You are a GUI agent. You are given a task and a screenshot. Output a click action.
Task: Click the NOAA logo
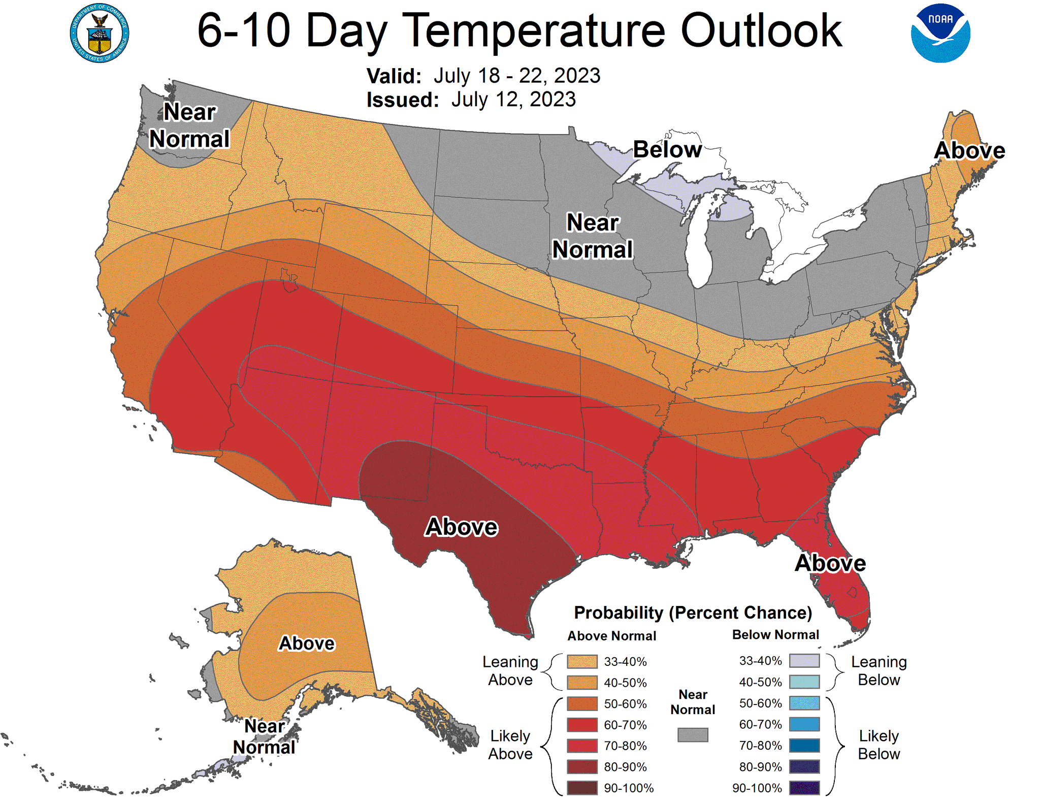coord(940,34)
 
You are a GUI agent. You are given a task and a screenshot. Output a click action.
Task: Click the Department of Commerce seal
coord(100,34)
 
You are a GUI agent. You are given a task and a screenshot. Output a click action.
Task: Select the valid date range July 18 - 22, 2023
coord(516,76)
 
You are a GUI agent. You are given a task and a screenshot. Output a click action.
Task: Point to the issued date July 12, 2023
coord(513,100)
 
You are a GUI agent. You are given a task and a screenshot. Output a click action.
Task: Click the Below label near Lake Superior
coord(667,150)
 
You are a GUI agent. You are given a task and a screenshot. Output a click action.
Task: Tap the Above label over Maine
coord(969,150)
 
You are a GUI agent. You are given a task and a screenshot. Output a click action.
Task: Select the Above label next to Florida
coord(830,563)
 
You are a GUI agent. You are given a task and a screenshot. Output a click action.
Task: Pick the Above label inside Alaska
coord(307,644)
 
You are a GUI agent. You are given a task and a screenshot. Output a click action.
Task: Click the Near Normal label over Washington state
coord(189,125)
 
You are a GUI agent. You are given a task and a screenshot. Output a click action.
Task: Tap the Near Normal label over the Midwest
coord(592,236)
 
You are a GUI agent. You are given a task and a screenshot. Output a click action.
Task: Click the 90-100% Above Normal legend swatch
coord(582,788)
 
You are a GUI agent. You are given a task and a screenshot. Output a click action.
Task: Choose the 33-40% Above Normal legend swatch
coord(582,661)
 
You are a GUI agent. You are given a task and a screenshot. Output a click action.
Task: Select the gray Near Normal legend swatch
coord(693,735)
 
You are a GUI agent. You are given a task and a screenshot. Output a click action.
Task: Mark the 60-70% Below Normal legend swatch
coord(804,724)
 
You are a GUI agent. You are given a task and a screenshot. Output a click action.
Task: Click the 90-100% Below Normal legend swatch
coord(804,788)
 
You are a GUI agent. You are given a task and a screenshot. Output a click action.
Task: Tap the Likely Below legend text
coord(879,745)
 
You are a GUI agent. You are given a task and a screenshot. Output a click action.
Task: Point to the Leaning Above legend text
coord(510,670)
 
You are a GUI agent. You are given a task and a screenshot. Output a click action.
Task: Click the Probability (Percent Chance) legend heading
coord(693,613)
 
